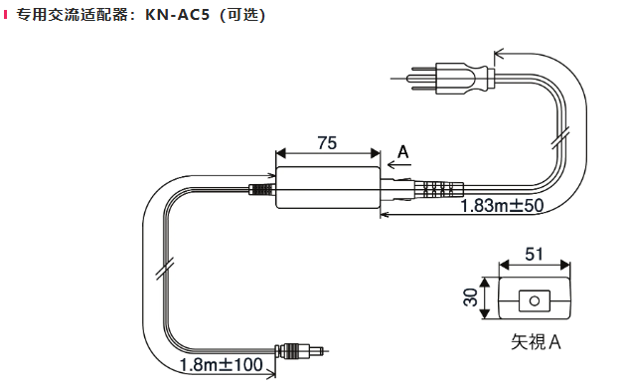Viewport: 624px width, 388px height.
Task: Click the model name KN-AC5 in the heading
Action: point(177,15)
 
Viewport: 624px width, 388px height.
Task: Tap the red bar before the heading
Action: point(5,15)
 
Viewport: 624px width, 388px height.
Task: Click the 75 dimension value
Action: point(327,142)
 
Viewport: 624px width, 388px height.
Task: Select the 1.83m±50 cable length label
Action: point(502,206)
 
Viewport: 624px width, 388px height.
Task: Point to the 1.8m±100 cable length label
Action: point(221,364)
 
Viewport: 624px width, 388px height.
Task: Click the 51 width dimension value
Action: point(534,254)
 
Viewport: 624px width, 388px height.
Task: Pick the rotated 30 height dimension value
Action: point(470,297)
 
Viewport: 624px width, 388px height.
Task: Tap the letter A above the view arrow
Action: point(403,152)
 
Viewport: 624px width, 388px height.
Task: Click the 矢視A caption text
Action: point(536,342)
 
